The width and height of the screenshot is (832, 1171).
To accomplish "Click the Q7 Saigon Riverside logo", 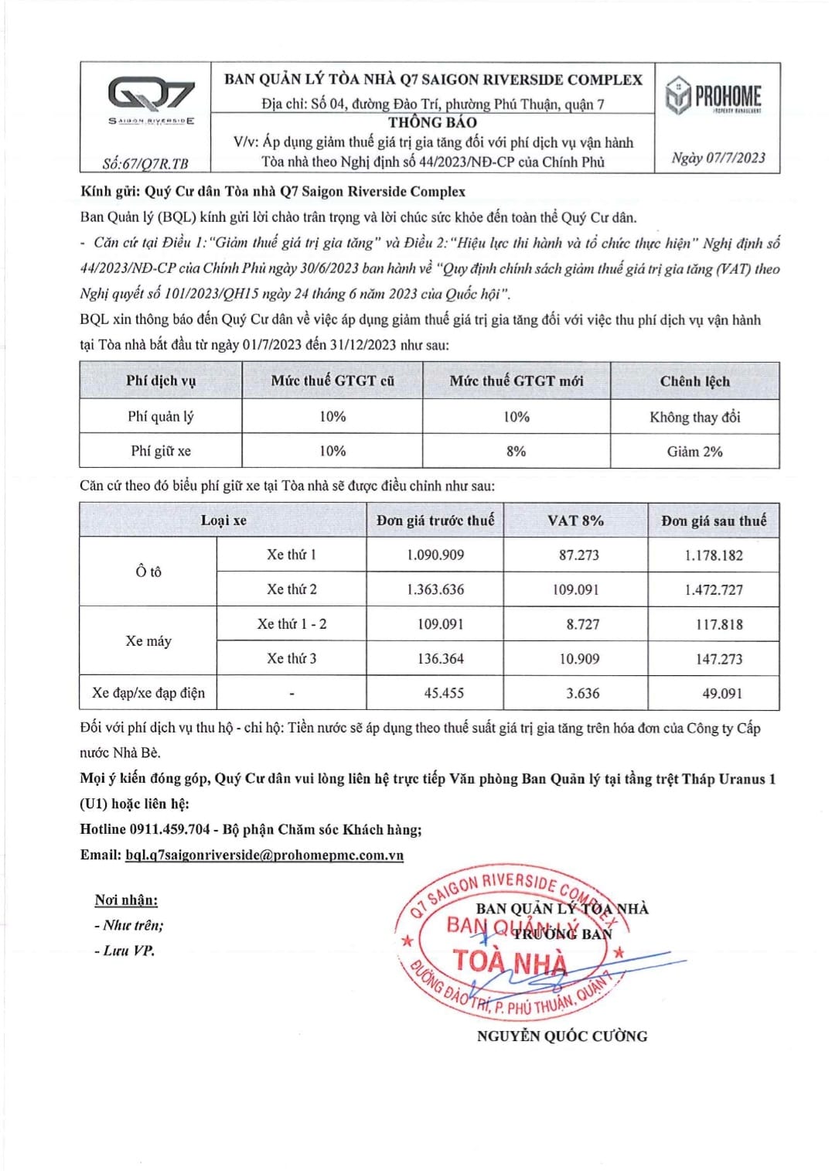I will point(151,99).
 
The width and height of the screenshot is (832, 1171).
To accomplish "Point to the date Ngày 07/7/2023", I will point(718,158).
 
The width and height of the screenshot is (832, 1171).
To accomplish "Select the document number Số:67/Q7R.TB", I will point(145,163).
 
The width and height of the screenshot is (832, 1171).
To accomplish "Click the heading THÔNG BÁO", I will point(432,122).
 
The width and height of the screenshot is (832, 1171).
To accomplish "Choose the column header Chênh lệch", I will point(694,381).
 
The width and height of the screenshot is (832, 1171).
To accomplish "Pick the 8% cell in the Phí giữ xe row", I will point(516,451).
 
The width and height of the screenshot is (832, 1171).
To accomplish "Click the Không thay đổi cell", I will point(694,417).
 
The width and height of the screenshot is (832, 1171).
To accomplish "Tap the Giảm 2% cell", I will point(694,451).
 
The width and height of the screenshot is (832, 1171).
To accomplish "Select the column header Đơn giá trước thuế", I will point(435,520).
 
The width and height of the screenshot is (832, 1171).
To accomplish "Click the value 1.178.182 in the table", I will point(713,555).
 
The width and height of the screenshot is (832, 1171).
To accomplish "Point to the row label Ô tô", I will point(148,572).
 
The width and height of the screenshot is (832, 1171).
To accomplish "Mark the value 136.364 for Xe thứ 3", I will point(440,658).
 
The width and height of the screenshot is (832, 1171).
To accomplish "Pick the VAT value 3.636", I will point(581,693).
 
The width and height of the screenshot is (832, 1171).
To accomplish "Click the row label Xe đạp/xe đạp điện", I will point(148,692).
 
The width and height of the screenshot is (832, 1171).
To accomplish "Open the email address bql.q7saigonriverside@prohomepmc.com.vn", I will point(264,855).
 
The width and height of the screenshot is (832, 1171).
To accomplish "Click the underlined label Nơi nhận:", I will point(126,900).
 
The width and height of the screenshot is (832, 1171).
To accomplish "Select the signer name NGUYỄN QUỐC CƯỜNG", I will point(561,1036).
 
